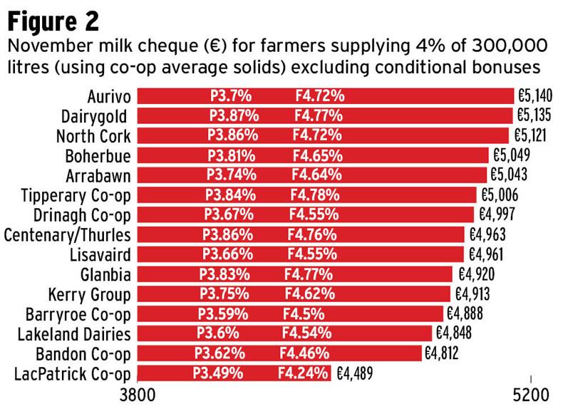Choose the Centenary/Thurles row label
[68, 234]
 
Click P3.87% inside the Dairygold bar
[234, 115]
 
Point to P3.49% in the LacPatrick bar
[217, 373]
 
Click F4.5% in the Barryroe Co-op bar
[304, 314]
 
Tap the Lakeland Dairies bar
[284, 333]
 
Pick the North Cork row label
[93, 135]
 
